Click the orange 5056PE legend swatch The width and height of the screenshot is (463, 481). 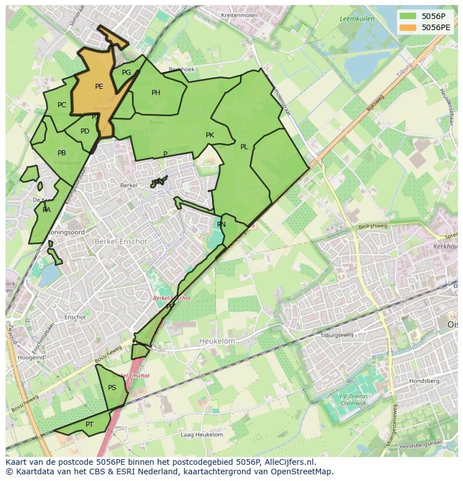click(408, 27)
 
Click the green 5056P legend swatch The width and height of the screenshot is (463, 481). click(408, 16)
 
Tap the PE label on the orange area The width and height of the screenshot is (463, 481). click(99, 87)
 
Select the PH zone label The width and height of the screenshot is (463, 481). click(156, 93)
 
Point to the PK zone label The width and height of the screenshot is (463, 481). click(210, 135)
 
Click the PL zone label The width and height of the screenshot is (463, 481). click(244, 147)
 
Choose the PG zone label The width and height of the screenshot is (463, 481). click(126, 73)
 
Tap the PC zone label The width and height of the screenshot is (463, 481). click(62, 105)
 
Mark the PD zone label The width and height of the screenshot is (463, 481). click(85, 131)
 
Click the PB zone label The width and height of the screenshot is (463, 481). click(62, 153)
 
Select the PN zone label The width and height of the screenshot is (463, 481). click(221, 225)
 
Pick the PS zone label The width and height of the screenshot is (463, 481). click(112, 388)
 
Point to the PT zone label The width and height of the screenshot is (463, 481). click(89, 425)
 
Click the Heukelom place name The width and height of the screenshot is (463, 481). click(217, 341)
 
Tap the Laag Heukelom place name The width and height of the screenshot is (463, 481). click(202, 435)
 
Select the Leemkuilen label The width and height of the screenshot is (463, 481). click(357, 19)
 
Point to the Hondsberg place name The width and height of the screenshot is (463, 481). click(424, 381)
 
